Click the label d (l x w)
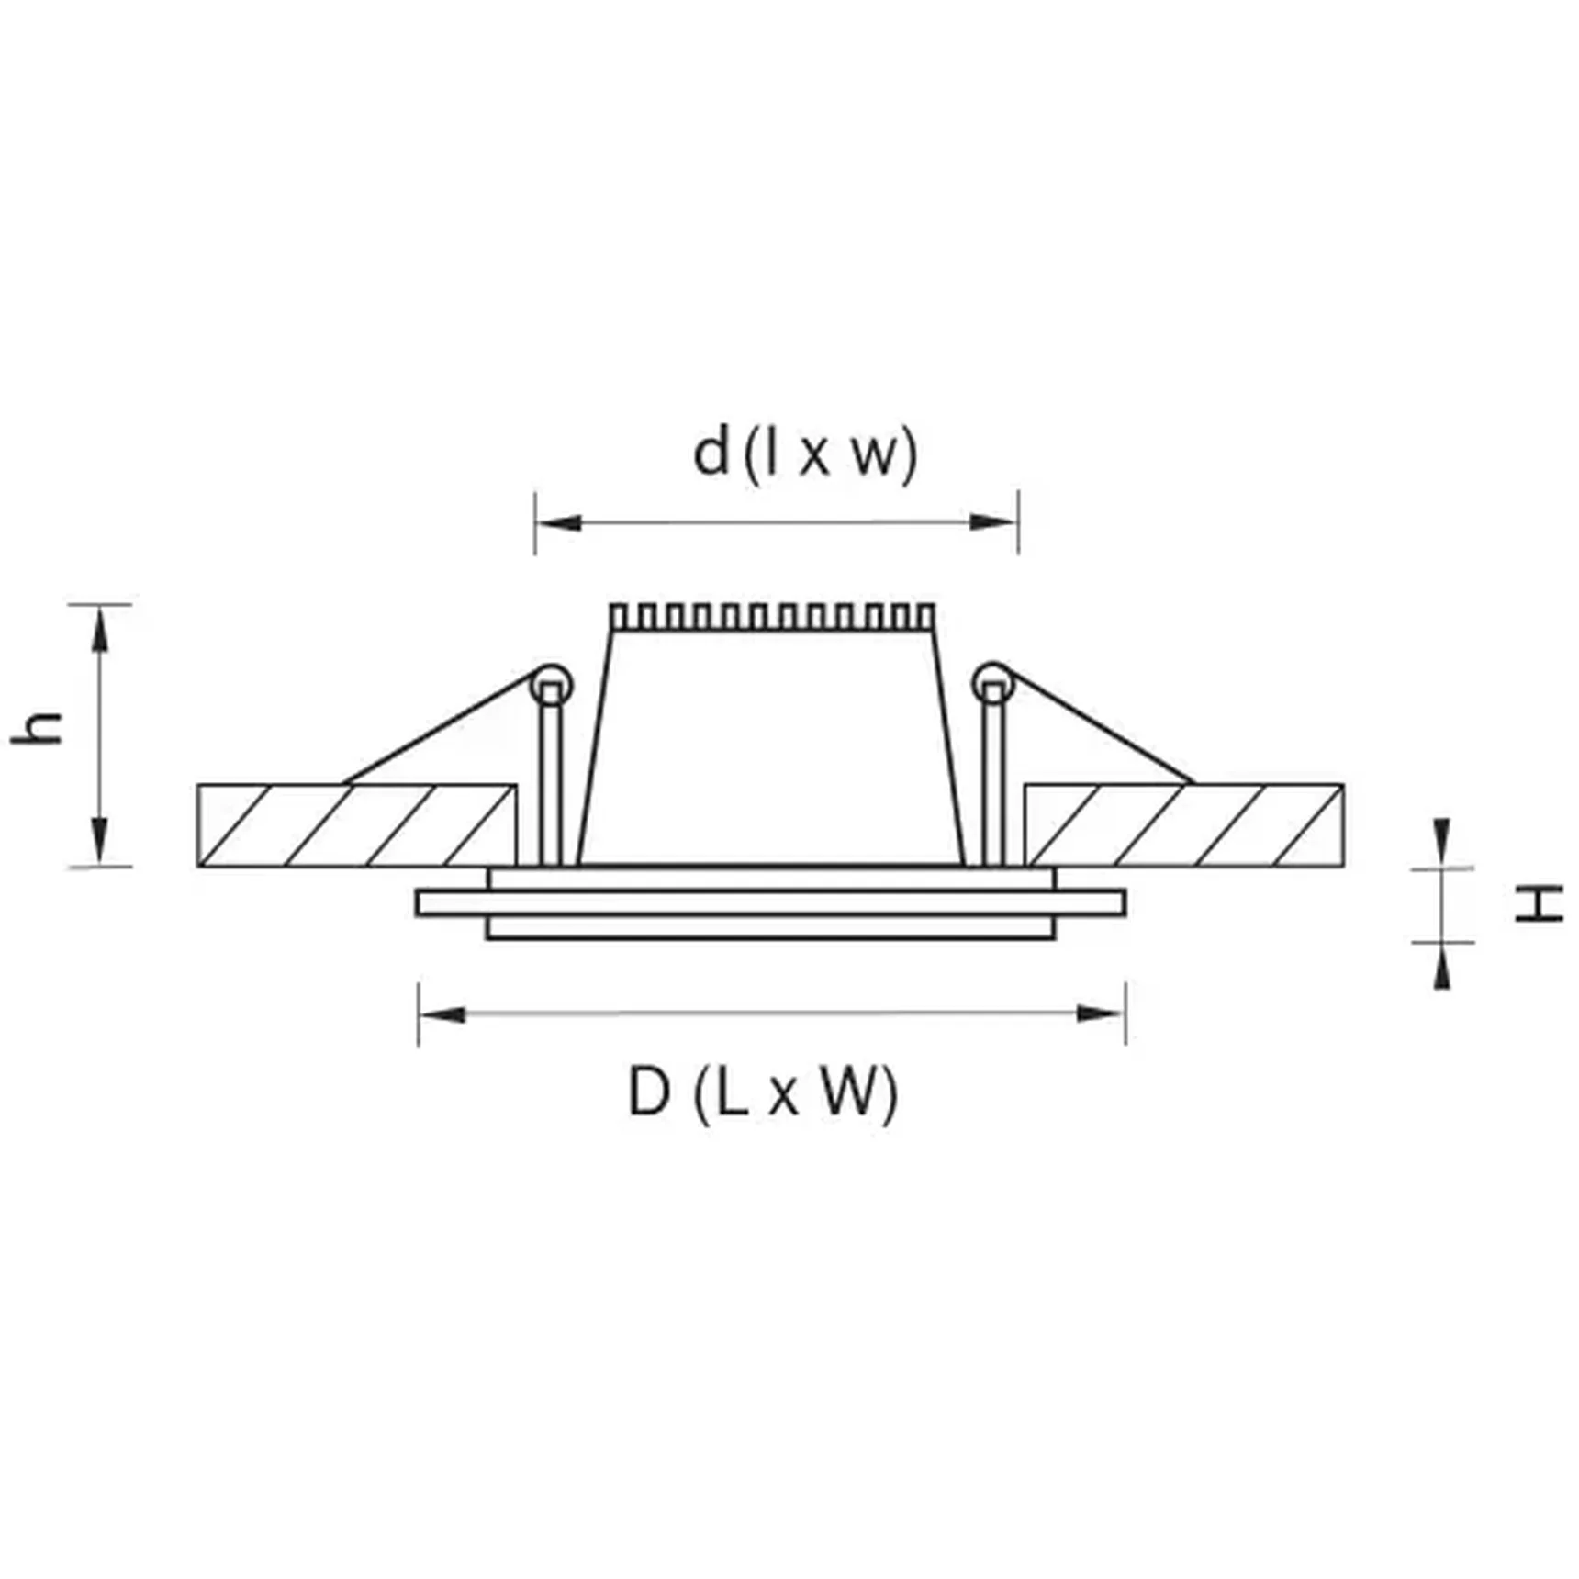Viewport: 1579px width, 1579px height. pos(805,454)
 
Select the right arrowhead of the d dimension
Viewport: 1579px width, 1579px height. pos(993,522)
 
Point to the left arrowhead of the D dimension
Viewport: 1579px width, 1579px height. pos(442,1014)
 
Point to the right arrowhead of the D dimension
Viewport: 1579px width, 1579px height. pos(1100,1013)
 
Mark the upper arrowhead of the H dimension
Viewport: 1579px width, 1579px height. pos(1442,837)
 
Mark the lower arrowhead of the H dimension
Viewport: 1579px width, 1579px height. pos(1442,969)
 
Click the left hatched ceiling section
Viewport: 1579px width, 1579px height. pos(356,825)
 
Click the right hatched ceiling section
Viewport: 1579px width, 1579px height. pos(1184,825)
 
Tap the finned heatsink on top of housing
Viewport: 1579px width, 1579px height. pos(773,616)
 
